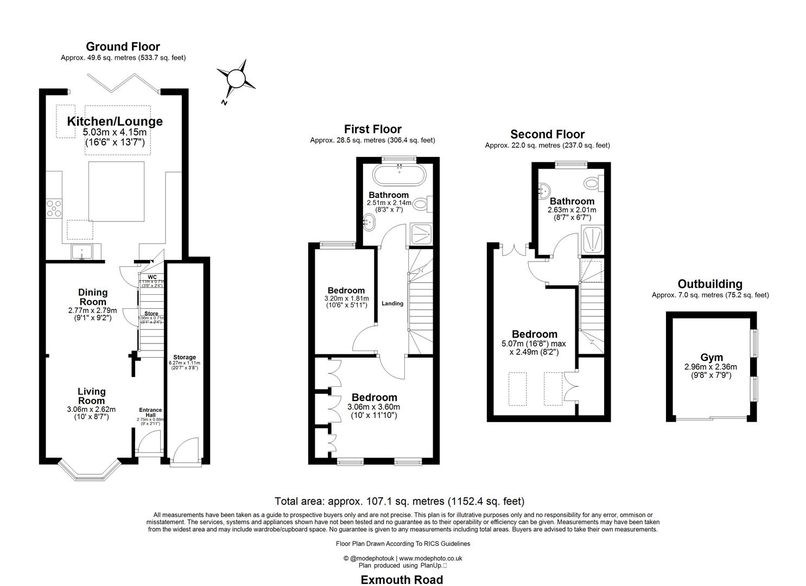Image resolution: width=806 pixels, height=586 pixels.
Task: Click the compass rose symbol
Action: [x=236, y=79]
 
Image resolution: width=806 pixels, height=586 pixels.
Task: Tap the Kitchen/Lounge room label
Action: [x=115, y=122]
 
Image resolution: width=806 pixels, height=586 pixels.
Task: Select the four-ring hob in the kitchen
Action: [x=54, y=208]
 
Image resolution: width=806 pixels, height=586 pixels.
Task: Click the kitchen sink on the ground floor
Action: [x=82, y=252]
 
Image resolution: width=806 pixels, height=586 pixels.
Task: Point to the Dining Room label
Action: [x=93, y=297]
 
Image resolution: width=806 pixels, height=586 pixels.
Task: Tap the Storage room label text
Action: [x=185, y=357]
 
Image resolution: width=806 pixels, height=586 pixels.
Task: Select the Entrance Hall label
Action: [x=150, y=413]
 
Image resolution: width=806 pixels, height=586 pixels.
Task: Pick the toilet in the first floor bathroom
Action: [x=428, y=203]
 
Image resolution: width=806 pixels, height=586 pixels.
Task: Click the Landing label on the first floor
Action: [x=392, y=303]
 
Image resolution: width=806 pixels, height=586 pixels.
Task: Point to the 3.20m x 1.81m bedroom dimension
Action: [x=346, y=298]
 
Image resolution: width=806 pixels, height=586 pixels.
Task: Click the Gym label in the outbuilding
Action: [x=711, y=358]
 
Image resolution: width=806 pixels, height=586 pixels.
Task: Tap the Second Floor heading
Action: [x=547, y=135]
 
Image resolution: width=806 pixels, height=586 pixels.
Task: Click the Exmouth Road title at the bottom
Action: [x=402, y=579]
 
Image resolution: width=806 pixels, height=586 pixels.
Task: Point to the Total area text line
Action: [x=399, y=501]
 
